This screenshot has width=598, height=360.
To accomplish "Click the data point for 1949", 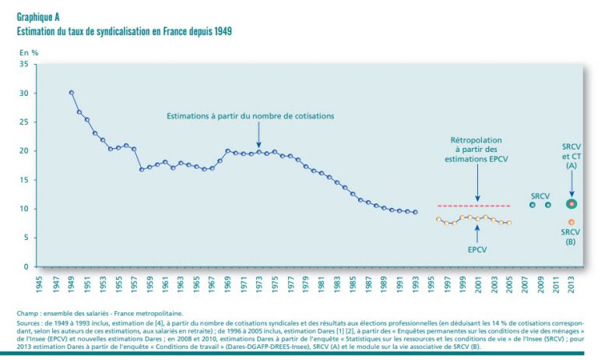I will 72,93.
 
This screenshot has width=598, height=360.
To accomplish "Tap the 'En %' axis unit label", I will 29,52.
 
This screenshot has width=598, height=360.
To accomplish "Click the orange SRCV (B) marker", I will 571,223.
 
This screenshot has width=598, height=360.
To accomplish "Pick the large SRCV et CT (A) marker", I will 571,203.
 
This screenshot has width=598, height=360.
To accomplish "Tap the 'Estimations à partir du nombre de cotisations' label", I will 250,116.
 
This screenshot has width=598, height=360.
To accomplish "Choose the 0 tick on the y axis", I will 26,267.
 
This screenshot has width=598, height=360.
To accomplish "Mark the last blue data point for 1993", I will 415,212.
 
